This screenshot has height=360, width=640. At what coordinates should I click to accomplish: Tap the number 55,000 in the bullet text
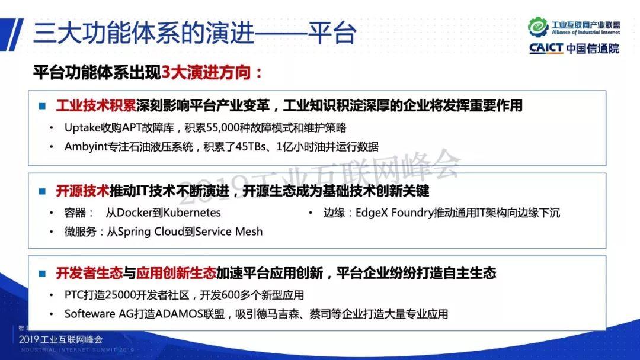click(223, 128)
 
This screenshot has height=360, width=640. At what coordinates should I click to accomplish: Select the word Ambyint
click(86, 147)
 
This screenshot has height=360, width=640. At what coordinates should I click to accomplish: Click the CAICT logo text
click(546, 48)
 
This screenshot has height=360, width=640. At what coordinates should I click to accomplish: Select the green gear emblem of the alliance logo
click(538, 27)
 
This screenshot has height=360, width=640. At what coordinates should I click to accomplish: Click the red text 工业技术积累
click(96, 105)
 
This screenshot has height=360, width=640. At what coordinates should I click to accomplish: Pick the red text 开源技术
click(82, 191)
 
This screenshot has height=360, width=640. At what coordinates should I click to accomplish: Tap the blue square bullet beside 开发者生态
click(42, 274)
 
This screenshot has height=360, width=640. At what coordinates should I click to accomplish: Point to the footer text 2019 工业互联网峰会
click(61, 339)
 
